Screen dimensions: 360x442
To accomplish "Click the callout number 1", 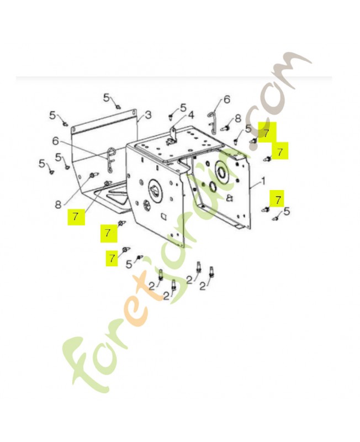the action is point(263,181).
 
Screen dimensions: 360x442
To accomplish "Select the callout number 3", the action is point(148,115).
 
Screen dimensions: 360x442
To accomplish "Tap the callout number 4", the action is point(190,115).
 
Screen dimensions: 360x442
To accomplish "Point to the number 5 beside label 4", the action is point(183,107).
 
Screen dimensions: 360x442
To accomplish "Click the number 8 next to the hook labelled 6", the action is point(238,118).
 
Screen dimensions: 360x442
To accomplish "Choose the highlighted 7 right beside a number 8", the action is point(76,217).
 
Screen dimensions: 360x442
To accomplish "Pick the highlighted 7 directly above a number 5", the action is point(278,199).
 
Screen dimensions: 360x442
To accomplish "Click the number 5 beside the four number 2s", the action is point(129,264).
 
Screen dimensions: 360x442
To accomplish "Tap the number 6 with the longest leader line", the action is point(56,141).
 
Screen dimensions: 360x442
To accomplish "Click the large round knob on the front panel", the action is point(155,190).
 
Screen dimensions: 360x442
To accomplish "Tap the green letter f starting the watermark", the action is point(84,364).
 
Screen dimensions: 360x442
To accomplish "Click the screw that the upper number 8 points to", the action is point(226,129).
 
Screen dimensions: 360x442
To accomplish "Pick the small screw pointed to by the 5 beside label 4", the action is point(171,117).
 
